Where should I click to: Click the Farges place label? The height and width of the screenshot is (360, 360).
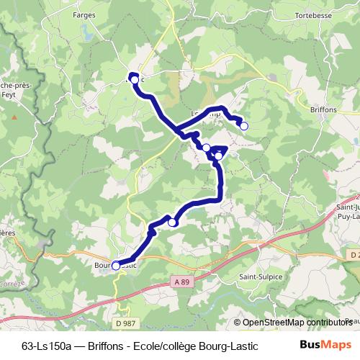84,14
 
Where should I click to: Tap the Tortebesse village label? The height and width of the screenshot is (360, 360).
312,14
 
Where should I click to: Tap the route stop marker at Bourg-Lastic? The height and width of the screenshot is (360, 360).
116,266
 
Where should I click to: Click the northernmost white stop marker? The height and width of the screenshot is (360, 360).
134,78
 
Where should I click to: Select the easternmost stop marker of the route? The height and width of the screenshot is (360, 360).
244,126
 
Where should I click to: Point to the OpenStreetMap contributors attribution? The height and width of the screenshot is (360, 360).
297,323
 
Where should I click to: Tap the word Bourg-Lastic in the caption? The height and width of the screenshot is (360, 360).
228,344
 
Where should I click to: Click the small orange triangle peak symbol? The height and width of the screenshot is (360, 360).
13,115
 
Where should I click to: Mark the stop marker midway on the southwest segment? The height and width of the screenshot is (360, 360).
172,223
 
